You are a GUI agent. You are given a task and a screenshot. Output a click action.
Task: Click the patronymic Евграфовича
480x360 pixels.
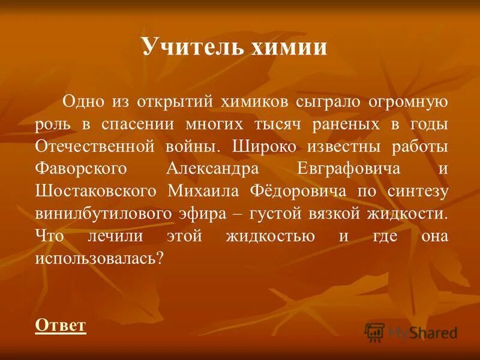pyautogui.click(x=349, y=169)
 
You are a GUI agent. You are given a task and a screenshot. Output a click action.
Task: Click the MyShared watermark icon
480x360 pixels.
pyautogui.click(x=374, y=331)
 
